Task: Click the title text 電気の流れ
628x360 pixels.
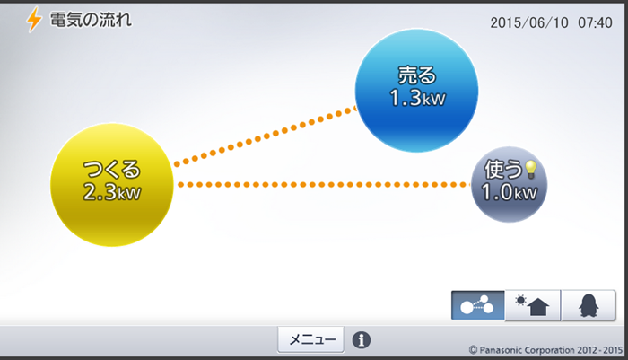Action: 91,19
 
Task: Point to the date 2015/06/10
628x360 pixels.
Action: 531,23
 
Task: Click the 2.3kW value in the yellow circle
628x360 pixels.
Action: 112,191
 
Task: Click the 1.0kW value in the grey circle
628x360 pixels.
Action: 509,193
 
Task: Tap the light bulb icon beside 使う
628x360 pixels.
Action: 530,168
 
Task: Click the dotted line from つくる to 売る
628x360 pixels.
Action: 265,136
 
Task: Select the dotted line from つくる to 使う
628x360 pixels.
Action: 323,185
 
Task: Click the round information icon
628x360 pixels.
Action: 362,340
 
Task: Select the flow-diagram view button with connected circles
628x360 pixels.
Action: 477,305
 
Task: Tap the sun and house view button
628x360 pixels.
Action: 533,305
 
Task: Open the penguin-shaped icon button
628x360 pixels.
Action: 589,305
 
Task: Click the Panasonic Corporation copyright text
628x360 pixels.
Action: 545,348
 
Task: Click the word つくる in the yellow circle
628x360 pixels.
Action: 112,170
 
